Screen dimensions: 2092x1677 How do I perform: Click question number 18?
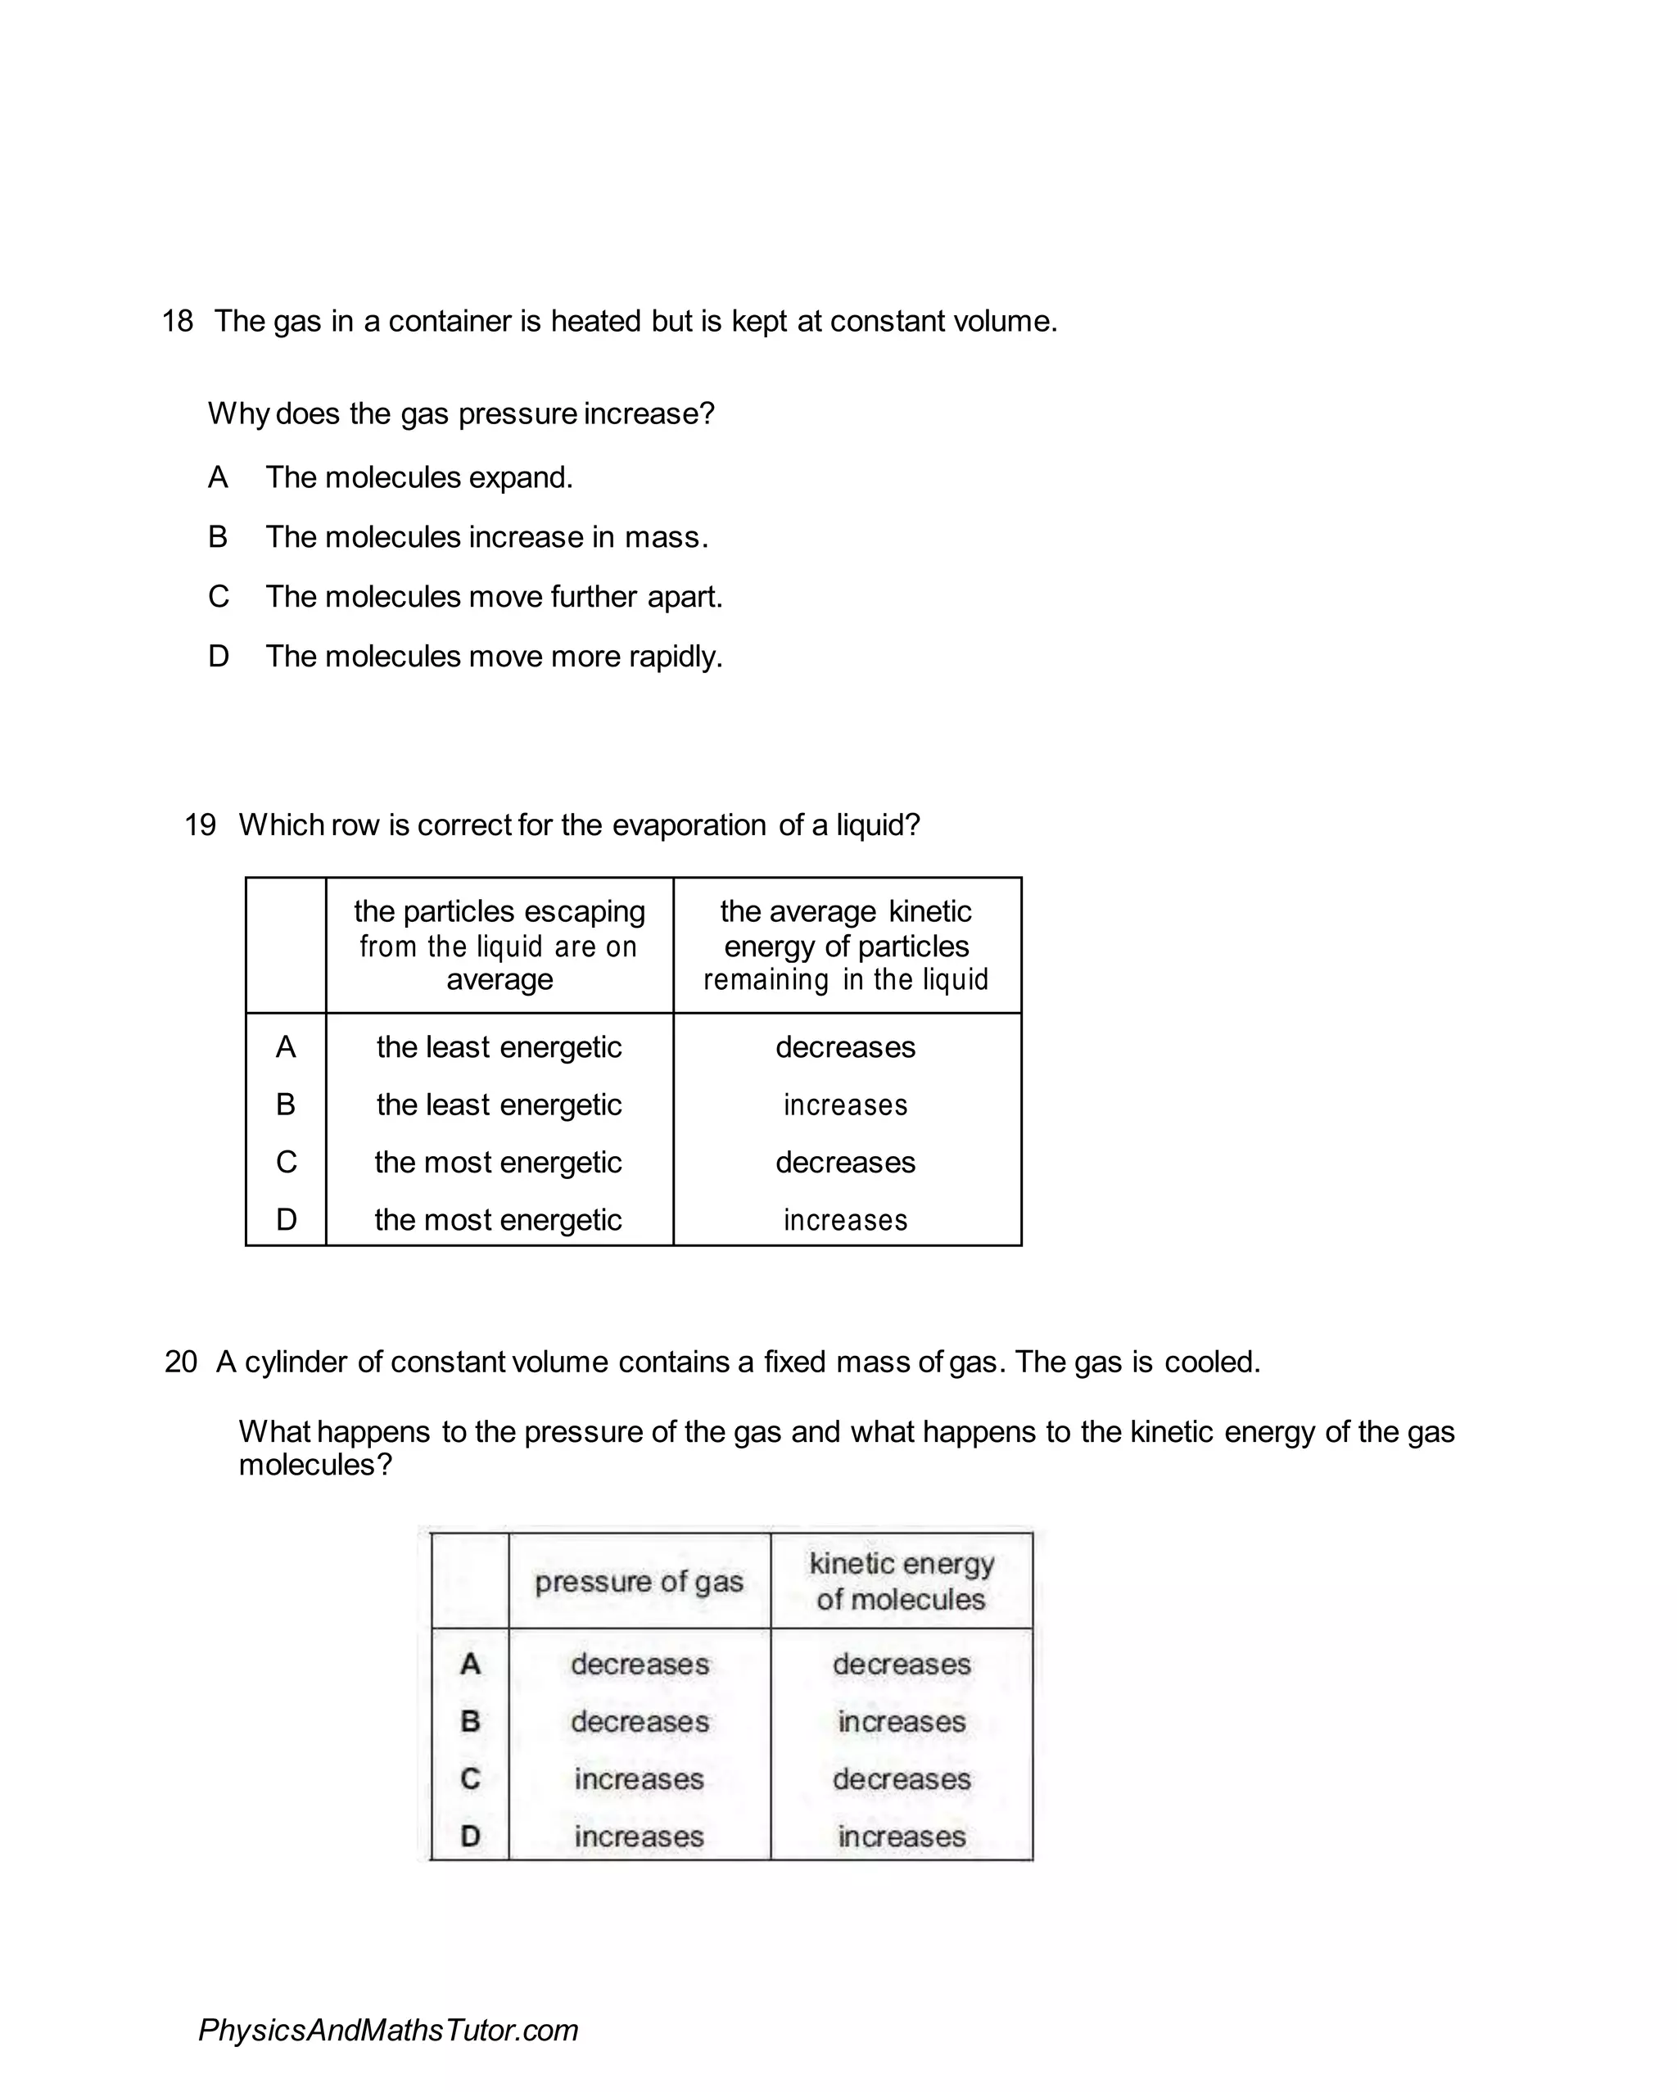pos(178,321)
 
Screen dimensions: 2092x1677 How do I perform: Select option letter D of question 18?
pos(219,657)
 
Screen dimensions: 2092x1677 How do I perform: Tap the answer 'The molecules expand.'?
pos(419,477)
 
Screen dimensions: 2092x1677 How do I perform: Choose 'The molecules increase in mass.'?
pos(487,538)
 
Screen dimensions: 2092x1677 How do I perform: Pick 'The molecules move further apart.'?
pos(494,597)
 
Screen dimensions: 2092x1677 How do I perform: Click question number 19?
pos(200,825)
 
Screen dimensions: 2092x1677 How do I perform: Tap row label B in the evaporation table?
pos(285,1105)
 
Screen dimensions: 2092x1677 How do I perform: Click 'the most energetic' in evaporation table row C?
pos(498,1163)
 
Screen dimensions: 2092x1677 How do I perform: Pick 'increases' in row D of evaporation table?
pos(845,1220)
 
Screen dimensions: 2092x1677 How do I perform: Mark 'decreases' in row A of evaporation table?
pos(845,1047)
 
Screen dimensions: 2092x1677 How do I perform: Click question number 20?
pos(180,1362)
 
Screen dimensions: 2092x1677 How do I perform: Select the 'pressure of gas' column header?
pos(639,1582)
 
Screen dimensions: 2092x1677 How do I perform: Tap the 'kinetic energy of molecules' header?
pos(902,1582)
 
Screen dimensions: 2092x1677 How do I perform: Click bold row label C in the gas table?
pos(470,1778)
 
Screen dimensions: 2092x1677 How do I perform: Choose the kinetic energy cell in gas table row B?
pos(902,1721)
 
